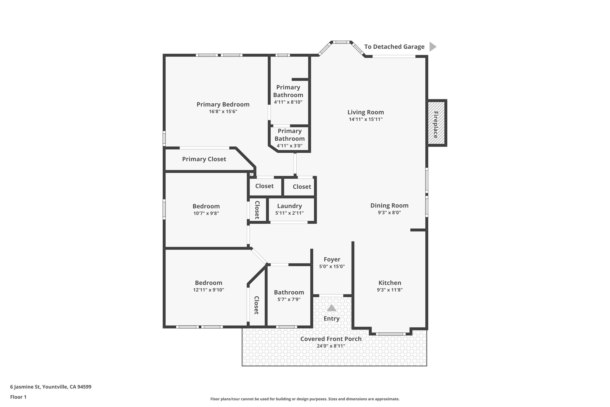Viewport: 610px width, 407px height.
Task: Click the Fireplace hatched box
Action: tap(437, 123)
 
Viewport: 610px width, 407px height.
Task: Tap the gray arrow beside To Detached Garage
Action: tap(432, 47)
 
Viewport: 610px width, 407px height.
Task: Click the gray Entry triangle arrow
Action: tap(332, 308)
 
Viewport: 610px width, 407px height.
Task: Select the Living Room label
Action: tap(365, 112)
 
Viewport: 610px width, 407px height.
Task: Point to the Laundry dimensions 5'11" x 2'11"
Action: tap(289, 213)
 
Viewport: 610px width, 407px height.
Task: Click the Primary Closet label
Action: tap(204, 159)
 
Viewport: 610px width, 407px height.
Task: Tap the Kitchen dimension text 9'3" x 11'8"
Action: tap(390, 290)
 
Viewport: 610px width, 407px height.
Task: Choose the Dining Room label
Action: tap(389, 205)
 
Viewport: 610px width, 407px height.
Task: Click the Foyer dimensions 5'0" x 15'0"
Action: tap(332, 267)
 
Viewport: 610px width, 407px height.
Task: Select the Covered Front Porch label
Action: tap(331, 339)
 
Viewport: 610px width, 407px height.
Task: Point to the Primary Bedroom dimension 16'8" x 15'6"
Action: tap(223, 112)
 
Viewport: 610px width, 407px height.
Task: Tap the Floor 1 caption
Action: tap(18, 397)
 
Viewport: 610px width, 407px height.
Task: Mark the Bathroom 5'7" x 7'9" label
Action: tap(289, 293)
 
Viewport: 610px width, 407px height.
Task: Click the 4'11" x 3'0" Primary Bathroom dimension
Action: tap(289, 146)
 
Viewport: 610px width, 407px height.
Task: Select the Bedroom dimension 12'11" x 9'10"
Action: tap(208, 290)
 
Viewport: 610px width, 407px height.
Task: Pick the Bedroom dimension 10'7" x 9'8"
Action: tap(206, 213)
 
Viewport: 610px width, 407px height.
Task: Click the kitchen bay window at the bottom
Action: tap(390, 334)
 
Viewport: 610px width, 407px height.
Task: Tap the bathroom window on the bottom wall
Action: tap(286, 327)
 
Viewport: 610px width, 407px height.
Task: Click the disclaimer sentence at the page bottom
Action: tap(305, 399)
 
